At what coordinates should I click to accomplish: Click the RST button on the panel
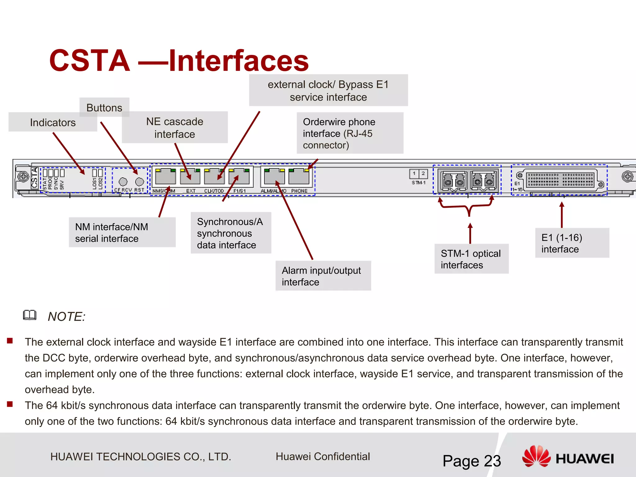point(140,182)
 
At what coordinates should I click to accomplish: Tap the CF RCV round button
point(123,182)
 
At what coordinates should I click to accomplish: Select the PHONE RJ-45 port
point(299,177)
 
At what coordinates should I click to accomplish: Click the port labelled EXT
point(190,177)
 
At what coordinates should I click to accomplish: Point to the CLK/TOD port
point(214,177)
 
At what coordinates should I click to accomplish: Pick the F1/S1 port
point(239,177)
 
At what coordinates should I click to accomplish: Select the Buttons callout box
point(104,107)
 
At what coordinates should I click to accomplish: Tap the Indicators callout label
point(53,122)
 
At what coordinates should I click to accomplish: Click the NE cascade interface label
point(175,127)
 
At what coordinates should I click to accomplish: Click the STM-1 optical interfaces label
point(471,259)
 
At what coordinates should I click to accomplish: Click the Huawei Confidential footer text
point(323,457)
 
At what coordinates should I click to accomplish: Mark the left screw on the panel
point(23,177)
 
